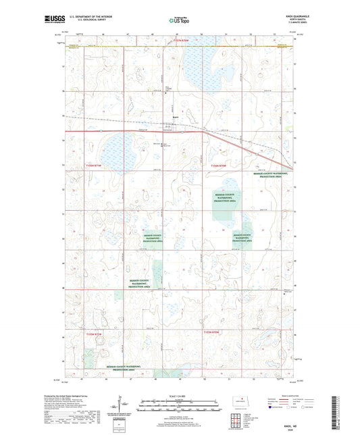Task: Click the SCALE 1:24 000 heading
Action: tap(178, 396)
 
